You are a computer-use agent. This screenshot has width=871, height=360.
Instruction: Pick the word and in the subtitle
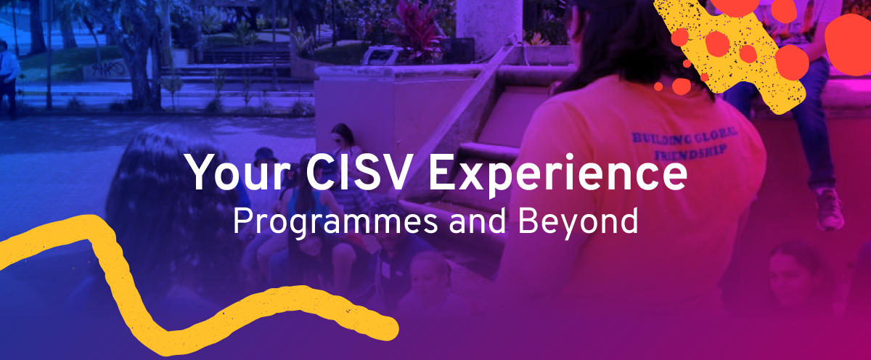click(478, 221)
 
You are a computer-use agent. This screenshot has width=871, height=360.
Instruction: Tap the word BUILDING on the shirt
click(657, 137)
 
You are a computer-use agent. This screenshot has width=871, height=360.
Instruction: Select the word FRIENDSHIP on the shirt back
click(690, 152)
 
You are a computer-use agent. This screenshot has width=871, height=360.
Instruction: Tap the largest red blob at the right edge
click(850, 45)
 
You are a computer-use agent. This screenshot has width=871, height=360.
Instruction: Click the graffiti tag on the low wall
click(108, 69)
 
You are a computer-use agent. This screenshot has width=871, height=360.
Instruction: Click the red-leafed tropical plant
click(414, 27)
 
